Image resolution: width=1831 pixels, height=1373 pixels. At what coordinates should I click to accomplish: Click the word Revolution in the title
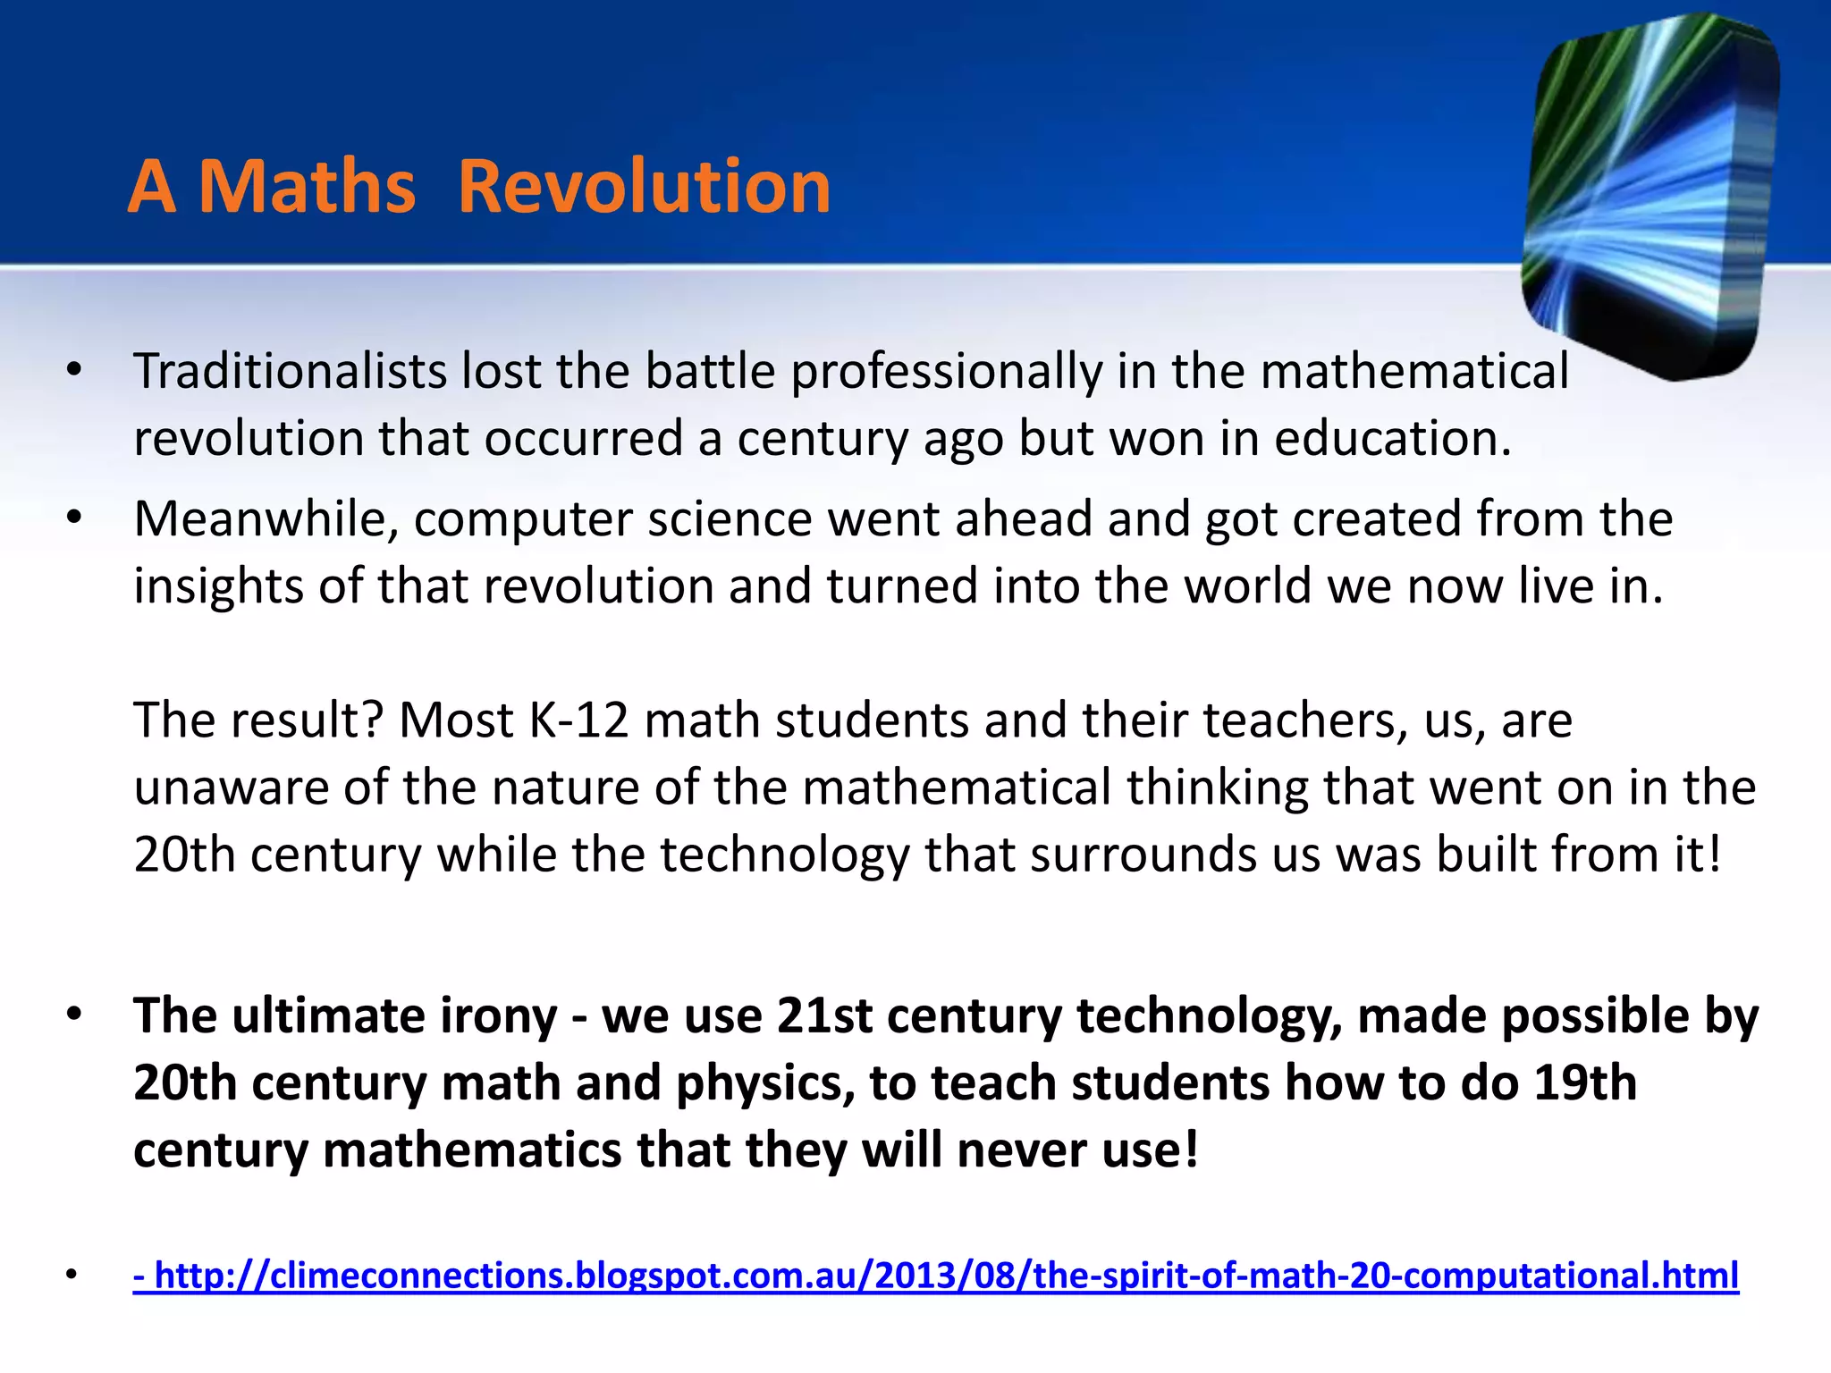tap(644, 187)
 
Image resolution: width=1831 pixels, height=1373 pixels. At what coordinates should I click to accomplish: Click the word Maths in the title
tap(307, 187)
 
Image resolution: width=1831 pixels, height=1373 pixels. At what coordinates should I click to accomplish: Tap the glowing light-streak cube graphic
tap(1650, 197)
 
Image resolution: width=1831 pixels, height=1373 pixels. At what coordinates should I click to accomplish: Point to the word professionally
tap(947, 373)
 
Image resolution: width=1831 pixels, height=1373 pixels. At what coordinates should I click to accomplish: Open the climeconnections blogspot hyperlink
tap(936, 1275)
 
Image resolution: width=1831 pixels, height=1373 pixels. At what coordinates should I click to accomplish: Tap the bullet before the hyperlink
tap(72, 1275)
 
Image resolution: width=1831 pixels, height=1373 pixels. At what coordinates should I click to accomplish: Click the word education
tap(1392, 438)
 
